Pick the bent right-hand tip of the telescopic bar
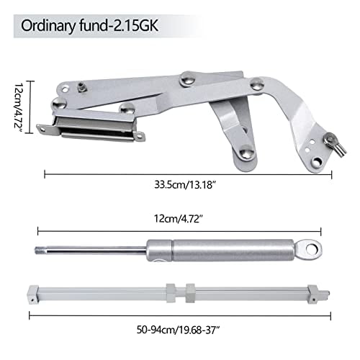tap(325, 293)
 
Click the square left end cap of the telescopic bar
tap(32, 294)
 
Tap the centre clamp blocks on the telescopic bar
tap(179, 293)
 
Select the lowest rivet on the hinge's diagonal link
tap(246, 151)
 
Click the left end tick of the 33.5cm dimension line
tap(45, 173)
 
